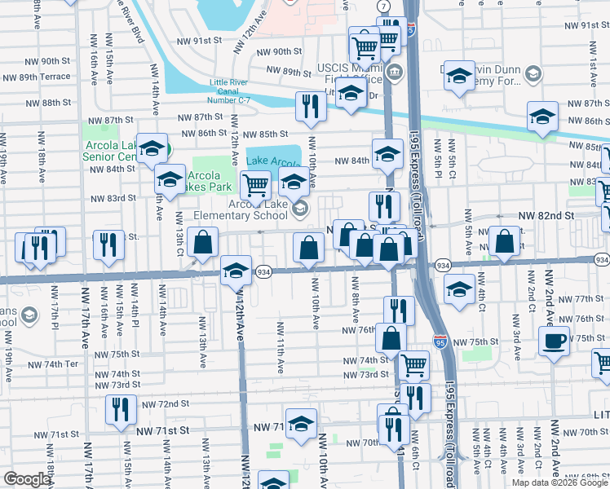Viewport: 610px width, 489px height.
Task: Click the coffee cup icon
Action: [554, 341]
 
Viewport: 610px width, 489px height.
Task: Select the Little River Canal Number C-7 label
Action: [241, 90]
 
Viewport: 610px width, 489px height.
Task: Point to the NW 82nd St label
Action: [546, 215]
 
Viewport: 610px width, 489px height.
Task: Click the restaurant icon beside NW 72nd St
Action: [121, 409]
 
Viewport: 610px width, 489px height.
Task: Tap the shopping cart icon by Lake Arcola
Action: [256, 185]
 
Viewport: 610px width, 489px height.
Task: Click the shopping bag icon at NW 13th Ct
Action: [202, 242]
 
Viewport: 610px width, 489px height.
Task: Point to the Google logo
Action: [28, 478]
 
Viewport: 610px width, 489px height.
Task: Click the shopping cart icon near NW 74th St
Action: [413, 365]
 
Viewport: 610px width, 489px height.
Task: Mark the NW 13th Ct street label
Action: [179, 236]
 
